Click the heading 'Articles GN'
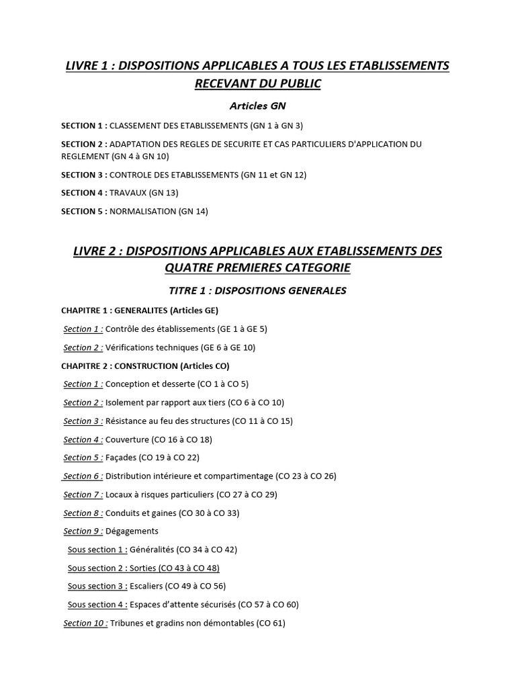coord(257,105)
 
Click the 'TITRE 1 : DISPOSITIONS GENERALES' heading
coord(257,290)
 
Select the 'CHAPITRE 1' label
coord(85,310)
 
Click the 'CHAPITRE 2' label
coord(85,366)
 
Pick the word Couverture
coord(128,439)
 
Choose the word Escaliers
coord(146,586)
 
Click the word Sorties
coord(144,568)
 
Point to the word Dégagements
coord(132,531)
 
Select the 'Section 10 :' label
coord(85,623)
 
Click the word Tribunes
coord(127,623)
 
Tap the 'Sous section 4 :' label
coord(97,605)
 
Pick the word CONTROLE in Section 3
coord(131,175)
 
